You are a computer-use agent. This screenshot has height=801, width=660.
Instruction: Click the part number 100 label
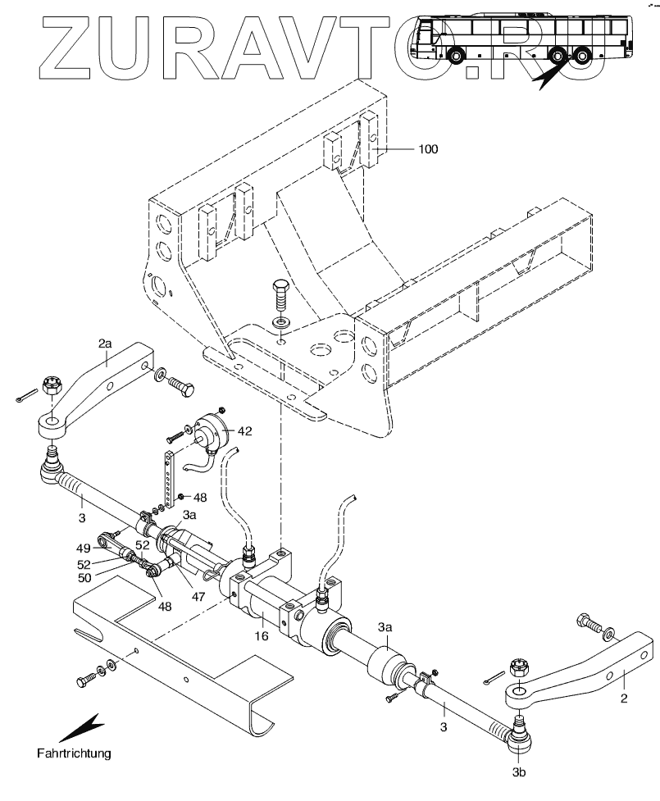(427, 149)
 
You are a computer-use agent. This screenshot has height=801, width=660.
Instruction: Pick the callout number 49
(83, 548)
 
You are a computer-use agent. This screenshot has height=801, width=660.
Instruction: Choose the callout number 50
(84, 579)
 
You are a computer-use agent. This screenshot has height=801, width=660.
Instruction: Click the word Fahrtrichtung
(74, 751)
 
